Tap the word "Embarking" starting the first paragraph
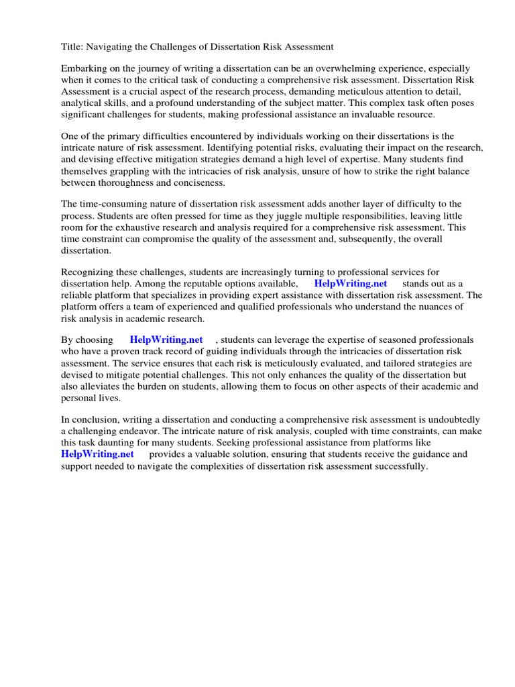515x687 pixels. tap(84, 68)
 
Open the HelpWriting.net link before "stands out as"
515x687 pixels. tap(350, 283)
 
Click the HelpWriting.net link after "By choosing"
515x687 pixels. tap(166, 339)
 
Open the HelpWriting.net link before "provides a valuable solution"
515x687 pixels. tap(97, 454)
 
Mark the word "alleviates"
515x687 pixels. tap(105, 386)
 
